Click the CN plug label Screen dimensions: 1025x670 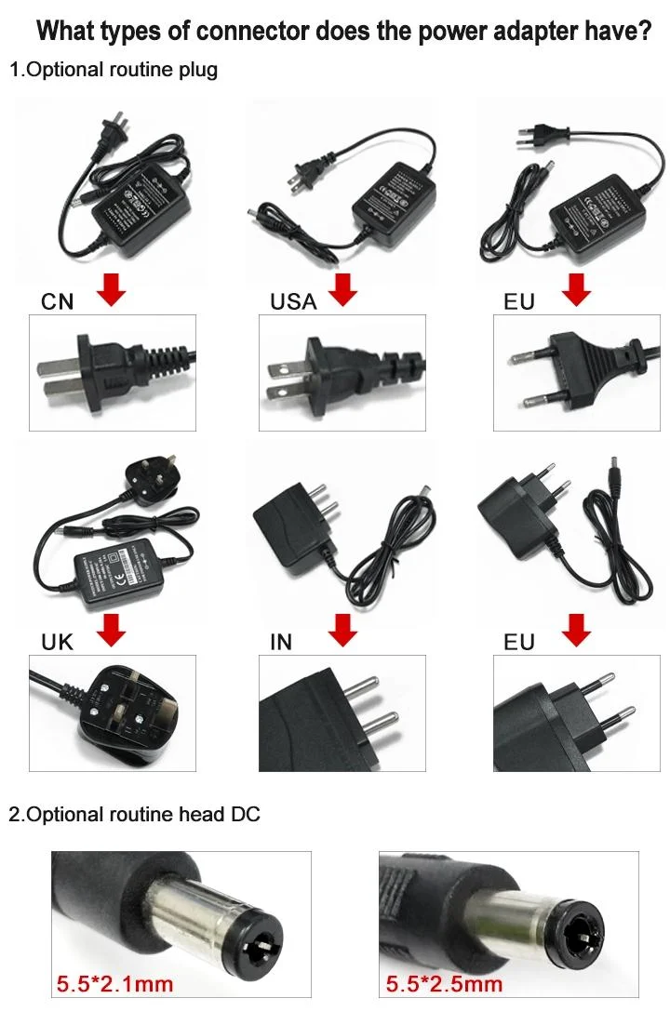point(58,300)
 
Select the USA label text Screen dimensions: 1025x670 point(293,300)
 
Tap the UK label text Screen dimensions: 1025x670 point(58,642)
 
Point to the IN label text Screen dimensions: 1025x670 point(280,642)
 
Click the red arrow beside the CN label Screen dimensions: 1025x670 point(113,290)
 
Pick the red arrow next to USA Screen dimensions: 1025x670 point(344,290)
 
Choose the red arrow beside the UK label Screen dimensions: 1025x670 point(113,630)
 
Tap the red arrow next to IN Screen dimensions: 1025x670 point(344,630)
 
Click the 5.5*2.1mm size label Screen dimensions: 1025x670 point(114,983)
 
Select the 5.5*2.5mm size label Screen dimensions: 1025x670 point(444,983)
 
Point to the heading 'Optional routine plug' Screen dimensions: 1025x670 point(123,70)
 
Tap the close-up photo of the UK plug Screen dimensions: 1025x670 point(113,713)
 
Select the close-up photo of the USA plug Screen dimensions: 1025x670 point(342,372)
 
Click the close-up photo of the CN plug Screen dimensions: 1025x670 point(113,372)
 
